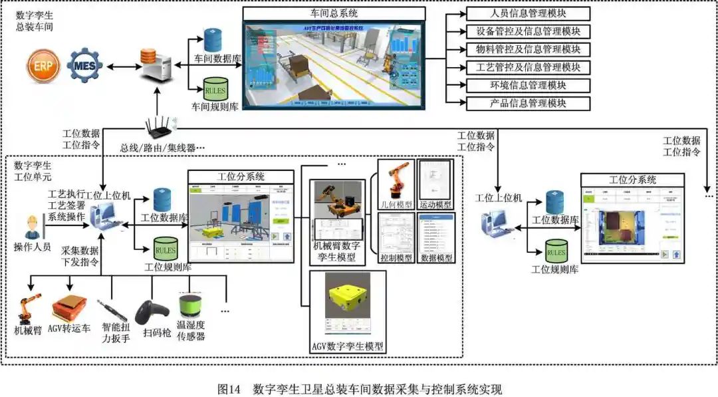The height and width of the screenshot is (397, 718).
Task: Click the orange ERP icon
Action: [43, 66]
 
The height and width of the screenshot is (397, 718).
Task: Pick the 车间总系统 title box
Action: [334, 13]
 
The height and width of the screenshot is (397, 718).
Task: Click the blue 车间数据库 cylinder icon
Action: [213, 40]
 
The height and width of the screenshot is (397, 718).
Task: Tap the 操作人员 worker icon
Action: [30, 226]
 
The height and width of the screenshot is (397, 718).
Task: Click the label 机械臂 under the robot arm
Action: [28, 330]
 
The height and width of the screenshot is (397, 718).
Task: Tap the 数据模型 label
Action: [436, 258]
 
